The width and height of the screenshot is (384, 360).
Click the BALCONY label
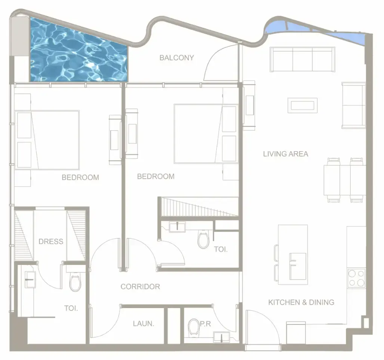[176, 58]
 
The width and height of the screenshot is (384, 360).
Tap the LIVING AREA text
[286, 154]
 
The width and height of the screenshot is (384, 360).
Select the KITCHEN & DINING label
[301, 302]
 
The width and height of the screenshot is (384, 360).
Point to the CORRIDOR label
[140, 287]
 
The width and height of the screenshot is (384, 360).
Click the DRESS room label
[51, 242]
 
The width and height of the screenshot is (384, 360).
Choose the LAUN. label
[144, 324]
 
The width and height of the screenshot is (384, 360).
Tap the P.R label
[206, 324]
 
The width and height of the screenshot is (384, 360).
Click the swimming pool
[79, 52]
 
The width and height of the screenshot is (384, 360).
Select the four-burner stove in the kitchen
[356, 278]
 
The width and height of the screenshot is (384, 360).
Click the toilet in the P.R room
[193, 327]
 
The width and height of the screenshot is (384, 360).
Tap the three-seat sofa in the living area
[302, 60]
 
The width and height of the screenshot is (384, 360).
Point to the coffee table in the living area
[302, 106]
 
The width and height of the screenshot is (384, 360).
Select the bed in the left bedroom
[47, 140]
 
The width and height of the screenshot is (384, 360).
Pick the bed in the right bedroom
[206, 134]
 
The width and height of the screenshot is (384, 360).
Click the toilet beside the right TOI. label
[203, 239]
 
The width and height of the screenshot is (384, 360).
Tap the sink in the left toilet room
[30, 280]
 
